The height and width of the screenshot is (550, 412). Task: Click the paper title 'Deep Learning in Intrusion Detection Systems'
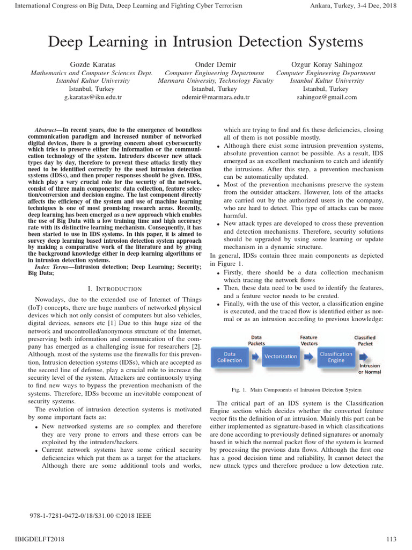tap(206, 41)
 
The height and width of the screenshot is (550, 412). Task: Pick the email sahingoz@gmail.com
tap(327, 97)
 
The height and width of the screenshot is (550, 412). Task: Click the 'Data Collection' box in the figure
tap(230, 357)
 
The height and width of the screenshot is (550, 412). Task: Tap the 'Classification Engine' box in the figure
tap(336, 357)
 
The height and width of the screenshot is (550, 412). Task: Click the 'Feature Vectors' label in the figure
tap(308, 341)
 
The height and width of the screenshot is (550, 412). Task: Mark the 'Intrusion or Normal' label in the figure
tap(370, 368)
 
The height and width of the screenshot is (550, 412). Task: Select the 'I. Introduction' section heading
tap(115, 289)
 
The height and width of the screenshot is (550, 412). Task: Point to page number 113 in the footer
tap(391, 539)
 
